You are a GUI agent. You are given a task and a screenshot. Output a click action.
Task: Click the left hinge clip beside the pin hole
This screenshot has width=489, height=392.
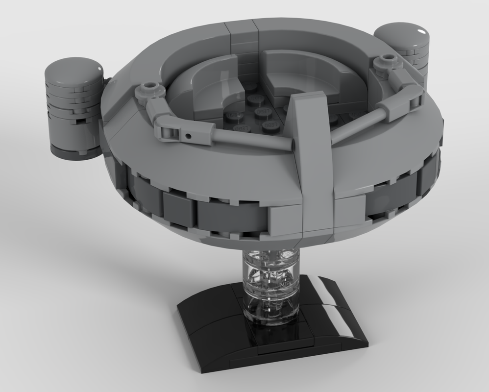coord(169,129)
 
